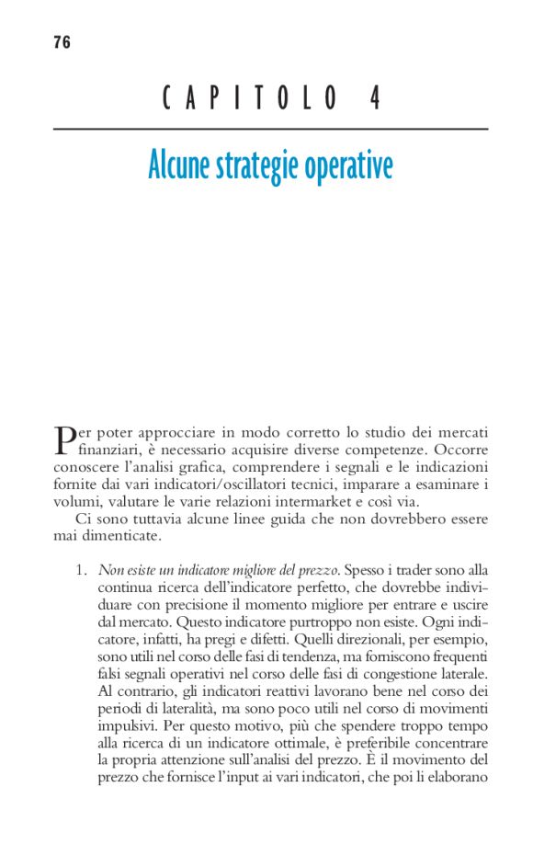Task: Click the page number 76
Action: (x=62, y=42)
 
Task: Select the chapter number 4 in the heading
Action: (x=376, y=98)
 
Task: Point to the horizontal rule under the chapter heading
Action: (x=270, y=130)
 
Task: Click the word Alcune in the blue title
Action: (x=179, y=166)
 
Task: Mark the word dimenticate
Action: (x=121, y=535)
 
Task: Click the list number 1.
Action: (x=80, y=570)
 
